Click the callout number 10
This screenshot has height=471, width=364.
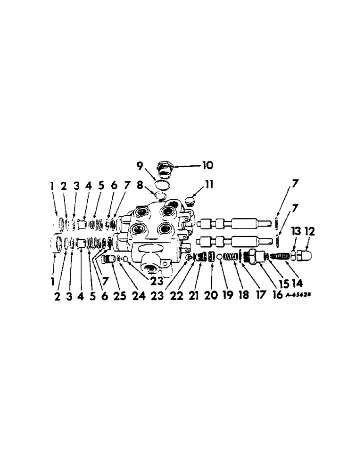pos(207,165)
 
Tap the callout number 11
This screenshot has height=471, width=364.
pos(209,185)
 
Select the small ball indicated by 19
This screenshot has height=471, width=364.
pos(219,257)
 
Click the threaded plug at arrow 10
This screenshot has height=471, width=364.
pos(166,168)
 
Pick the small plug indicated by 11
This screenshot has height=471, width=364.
pos(191,203)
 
